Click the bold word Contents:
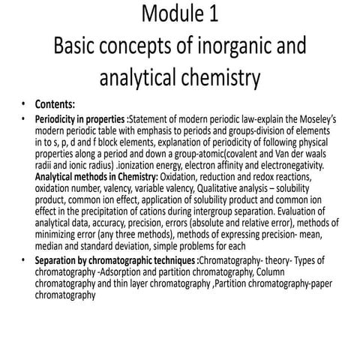click(55, 104)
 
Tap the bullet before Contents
click(23, 104)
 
